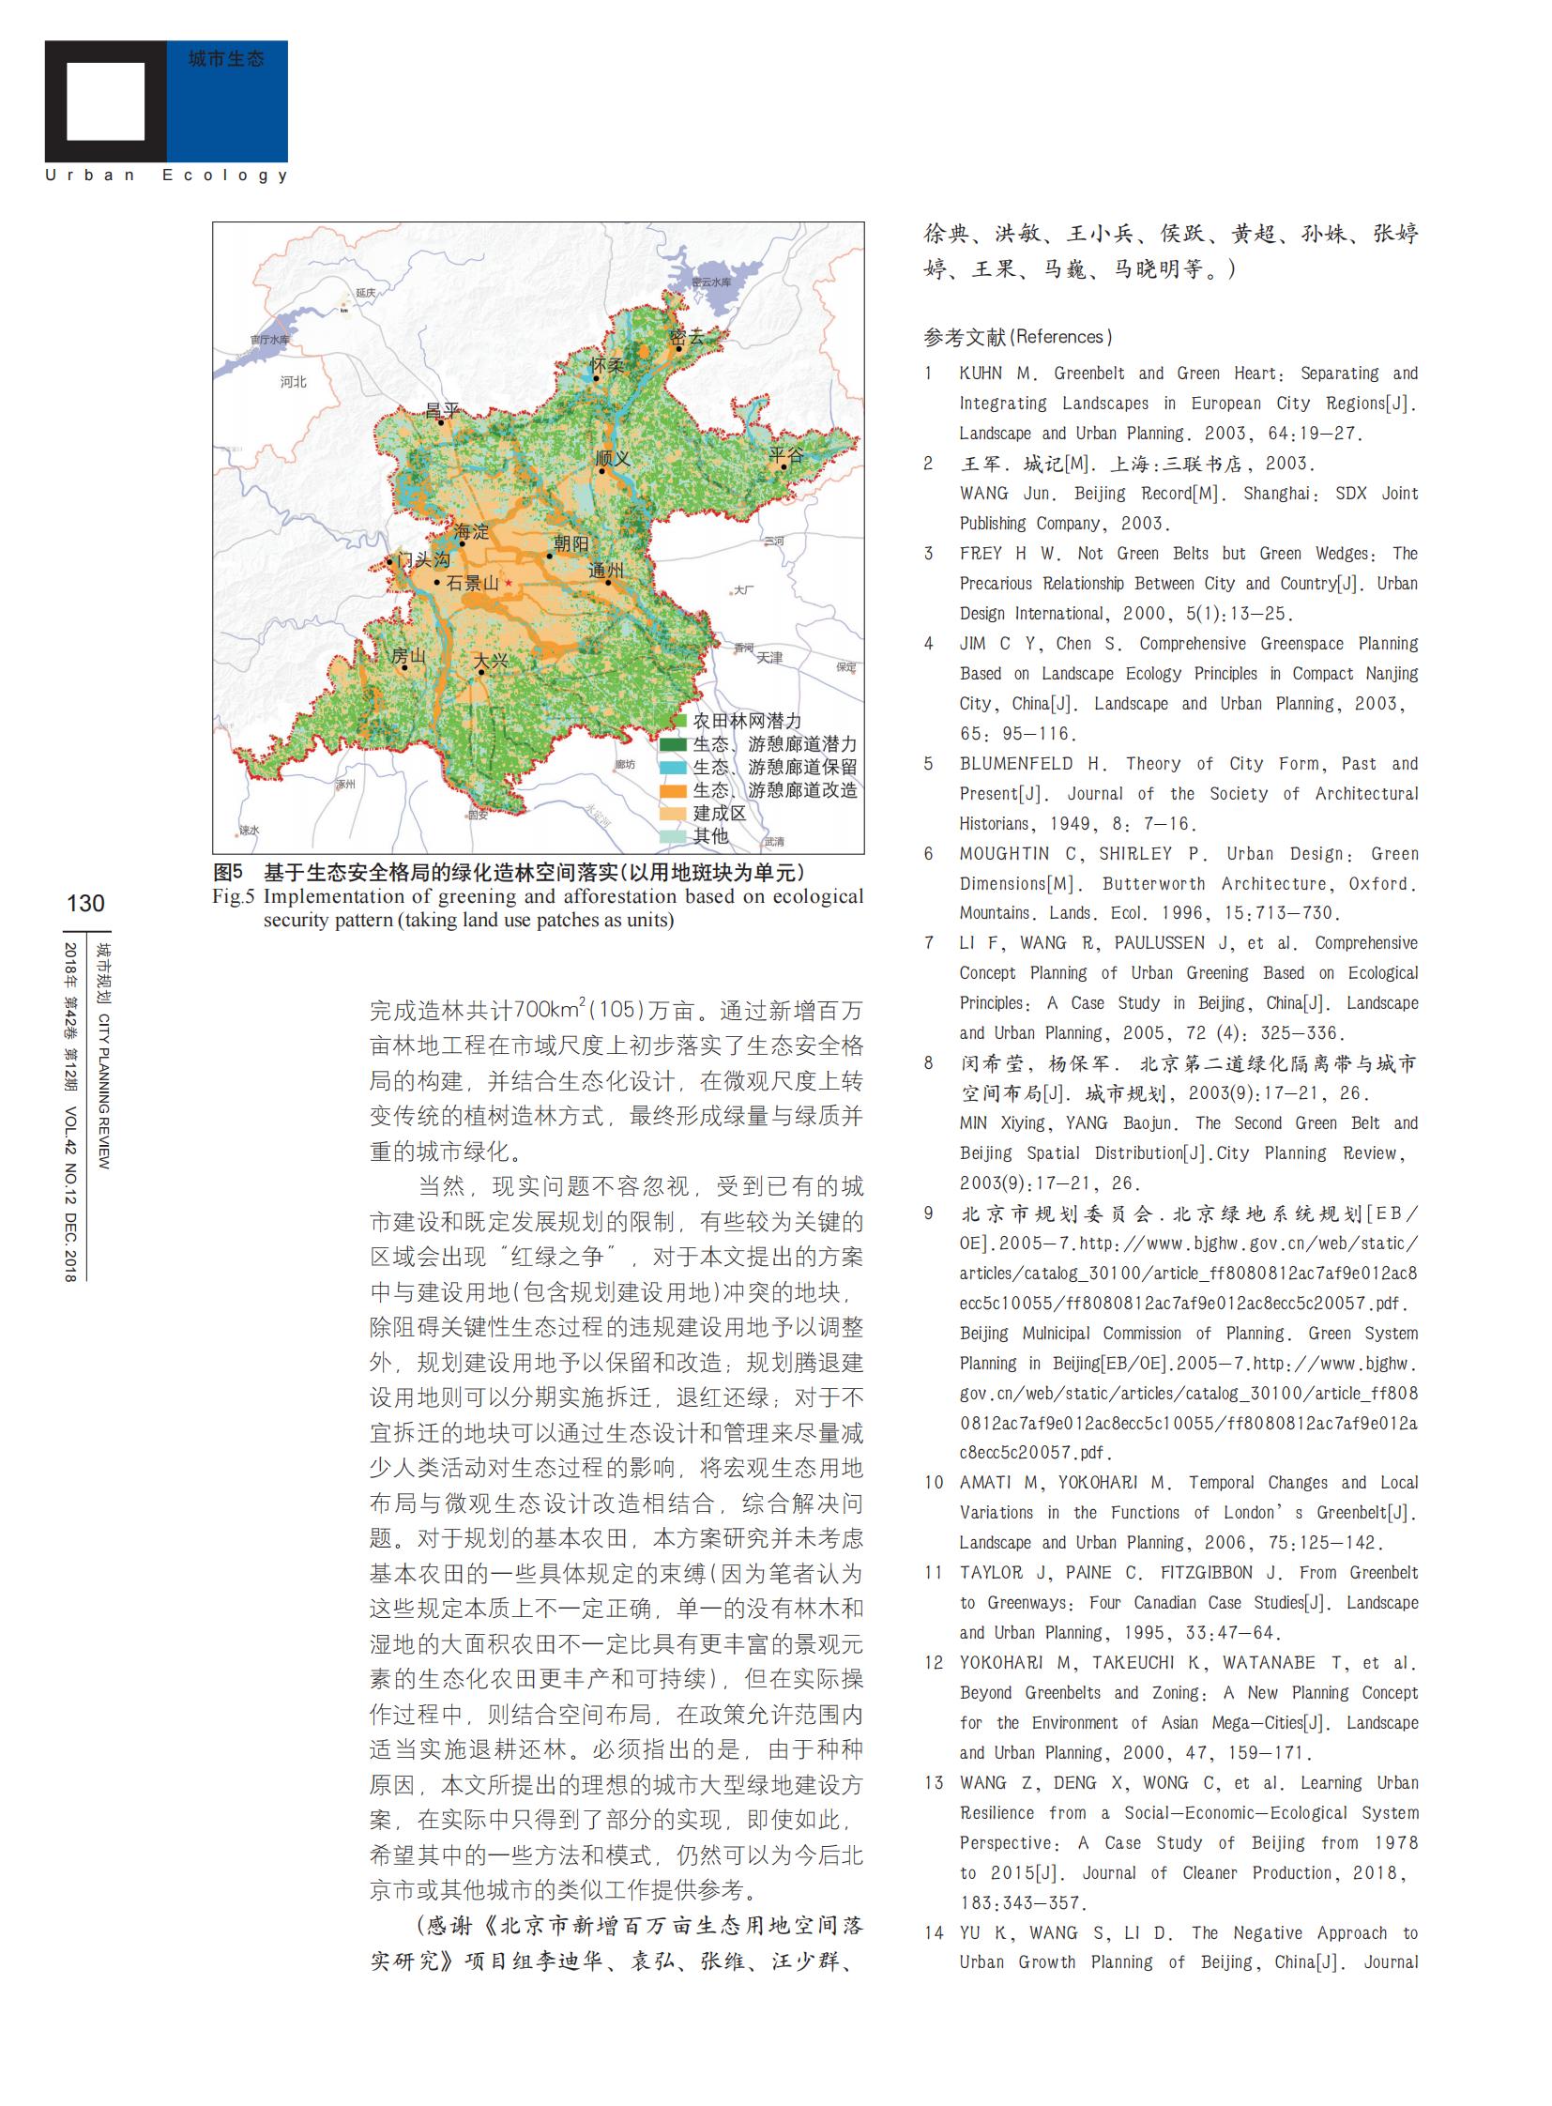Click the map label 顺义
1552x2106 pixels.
(613, 459)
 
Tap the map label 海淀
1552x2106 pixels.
(471, 532)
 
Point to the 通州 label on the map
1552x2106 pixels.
(605, 571)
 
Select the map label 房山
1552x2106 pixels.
(409, 656)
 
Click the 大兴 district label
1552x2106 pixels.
(490, 662)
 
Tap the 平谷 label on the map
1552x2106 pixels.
(786, 455)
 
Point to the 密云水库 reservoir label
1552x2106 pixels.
(711, 282)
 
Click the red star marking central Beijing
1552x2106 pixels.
(509, 584)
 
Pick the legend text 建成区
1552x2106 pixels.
(719, 813)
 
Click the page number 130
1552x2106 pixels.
(85, 903)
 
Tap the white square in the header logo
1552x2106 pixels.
(105, 101)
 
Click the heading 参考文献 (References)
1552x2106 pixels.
(1017, 336)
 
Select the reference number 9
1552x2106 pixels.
(928, 1213)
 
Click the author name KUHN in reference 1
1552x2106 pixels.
(981, 374)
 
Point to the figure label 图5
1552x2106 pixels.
(227, 872)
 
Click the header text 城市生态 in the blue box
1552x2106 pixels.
(225, 59)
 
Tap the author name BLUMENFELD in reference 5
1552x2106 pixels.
(1015, 763)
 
